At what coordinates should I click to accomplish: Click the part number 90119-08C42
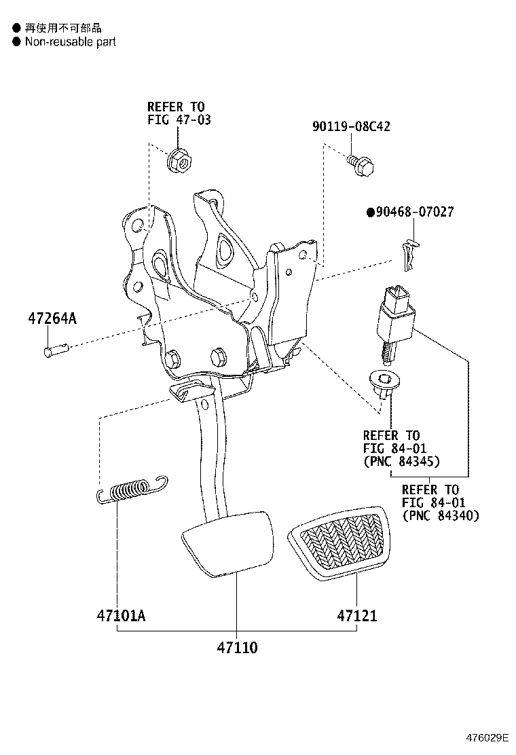coord(351,127)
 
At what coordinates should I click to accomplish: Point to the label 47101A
coord(121,616)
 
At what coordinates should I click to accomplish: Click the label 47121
coord(356,616)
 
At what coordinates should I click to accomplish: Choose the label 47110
coord(237,647)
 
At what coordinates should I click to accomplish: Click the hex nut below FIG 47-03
coord(179,162)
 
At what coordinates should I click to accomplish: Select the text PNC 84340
coord(441,516)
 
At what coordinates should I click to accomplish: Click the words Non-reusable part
coord(70,42)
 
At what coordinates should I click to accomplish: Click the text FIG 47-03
coord(179,120)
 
